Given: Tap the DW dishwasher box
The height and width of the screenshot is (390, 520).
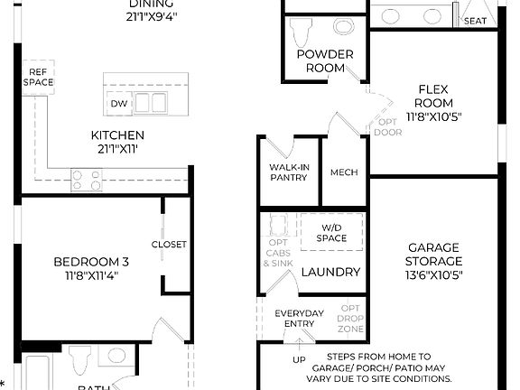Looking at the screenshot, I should click(118, 104).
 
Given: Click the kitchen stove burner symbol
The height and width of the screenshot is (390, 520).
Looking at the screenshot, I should click(88, 180).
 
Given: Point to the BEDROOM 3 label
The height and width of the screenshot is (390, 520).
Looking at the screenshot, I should click(90, 262).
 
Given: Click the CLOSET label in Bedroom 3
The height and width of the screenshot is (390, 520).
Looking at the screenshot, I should click(169, 244).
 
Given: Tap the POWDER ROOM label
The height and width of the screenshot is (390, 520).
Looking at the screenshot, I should click(324, 61).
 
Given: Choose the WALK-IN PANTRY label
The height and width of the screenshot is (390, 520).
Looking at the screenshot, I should click(289, 172).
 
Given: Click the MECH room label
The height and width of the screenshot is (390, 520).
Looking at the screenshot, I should click(343, 172).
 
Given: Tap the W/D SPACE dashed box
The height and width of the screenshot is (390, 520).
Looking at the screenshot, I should click(330, 233).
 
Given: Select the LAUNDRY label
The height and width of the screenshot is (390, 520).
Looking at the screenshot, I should click(330, 272).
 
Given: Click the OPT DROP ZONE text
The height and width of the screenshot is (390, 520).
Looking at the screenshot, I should click(350, 318).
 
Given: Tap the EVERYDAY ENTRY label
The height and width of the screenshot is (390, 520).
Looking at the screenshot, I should click(298, 319).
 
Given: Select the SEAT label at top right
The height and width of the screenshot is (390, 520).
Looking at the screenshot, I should click(475, 21).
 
